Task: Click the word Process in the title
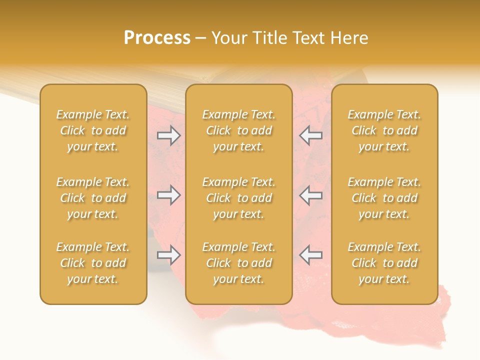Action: (157, 38)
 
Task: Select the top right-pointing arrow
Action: (169, 135)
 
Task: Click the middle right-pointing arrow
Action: (169, 195)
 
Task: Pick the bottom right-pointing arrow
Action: (169, 255)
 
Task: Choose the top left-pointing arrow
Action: (310, 135)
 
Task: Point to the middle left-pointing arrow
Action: (310, 195)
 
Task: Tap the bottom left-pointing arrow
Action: (310, 255)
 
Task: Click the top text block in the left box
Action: (93, 130)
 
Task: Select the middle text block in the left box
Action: (93, 198)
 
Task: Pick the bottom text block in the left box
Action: (93, 263)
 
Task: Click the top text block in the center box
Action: (239, 130)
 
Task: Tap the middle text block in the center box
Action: (239, 198)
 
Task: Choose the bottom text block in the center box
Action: (239, 263)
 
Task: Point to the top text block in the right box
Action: (384, 130)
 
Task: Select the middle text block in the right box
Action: (384, 198)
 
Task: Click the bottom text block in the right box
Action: (384, 263)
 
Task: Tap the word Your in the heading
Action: (229, 38)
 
